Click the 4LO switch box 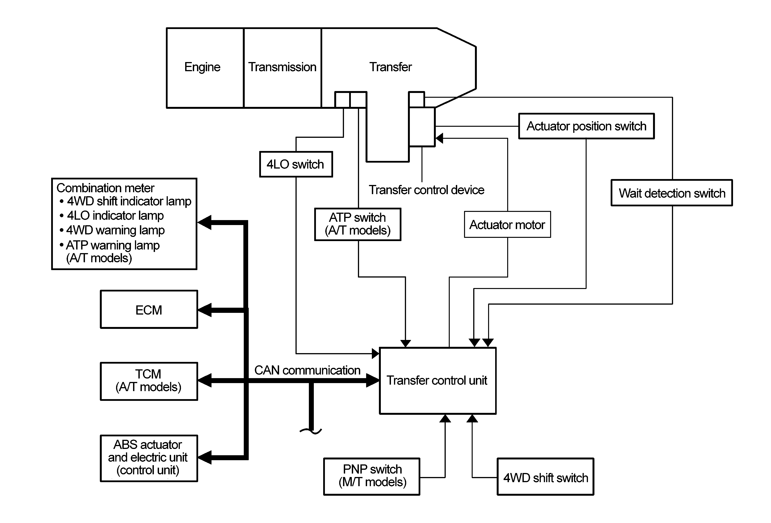296,164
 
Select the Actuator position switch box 586,126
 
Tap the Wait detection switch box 672,193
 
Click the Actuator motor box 507,224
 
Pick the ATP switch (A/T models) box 358,224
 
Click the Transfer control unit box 438,381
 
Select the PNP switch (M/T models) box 372,477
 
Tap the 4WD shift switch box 545,477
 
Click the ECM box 149,309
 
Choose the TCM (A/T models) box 149,381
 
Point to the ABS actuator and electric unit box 149,458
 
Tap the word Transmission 282,67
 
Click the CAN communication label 307,370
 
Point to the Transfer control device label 426,190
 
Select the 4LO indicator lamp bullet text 112,215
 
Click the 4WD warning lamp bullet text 112,230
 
